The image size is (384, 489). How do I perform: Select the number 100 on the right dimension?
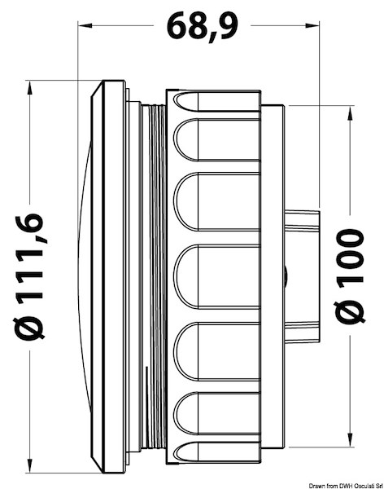point(351,253)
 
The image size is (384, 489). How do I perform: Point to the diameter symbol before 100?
point(351,311)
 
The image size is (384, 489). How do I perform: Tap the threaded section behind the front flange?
point(152,276)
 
